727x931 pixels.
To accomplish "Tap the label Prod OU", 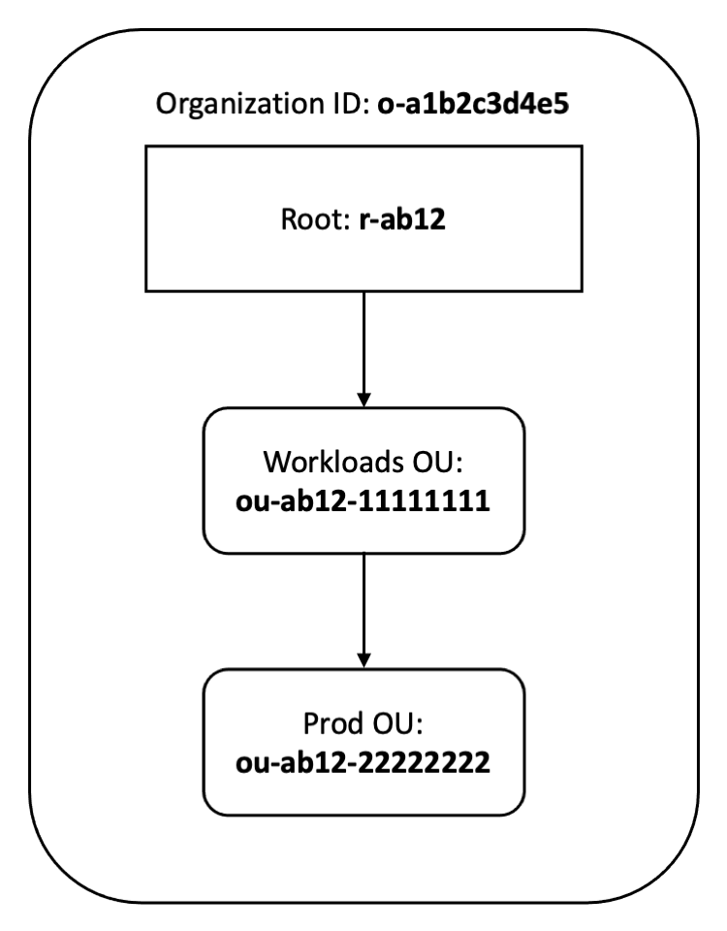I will [363, 724].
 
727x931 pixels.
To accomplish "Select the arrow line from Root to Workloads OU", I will [363, 339].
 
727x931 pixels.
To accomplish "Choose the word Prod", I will [335, 724].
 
